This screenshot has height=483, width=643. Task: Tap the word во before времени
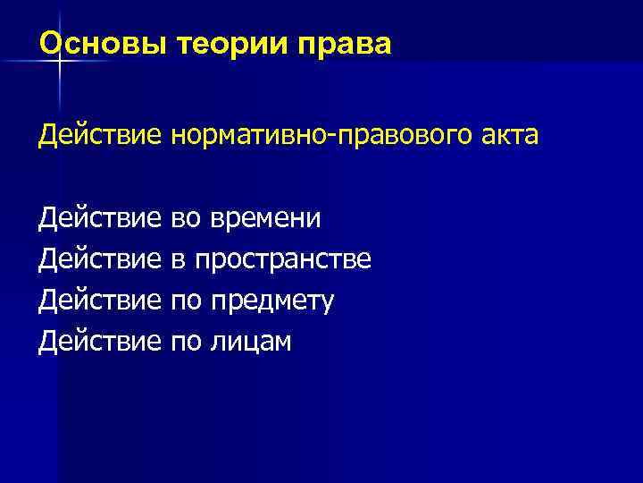[186, 219]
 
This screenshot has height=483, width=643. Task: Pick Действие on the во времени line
[99, 219]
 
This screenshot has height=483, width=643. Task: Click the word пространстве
[283, 260]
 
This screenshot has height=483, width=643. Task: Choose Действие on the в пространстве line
[99, 260]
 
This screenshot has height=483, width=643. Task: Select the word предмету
[272, 301]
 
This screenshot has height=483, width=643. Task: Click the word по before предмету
[186, 301]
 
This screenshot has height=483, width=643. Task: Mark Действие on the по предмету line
[99, 301]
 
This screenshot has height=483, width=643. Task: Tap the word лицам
[251, 343]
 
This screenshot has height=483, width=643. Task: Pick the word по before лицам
[186, 343]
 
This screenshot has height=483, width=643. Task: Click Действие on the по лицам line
[99, 343]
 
